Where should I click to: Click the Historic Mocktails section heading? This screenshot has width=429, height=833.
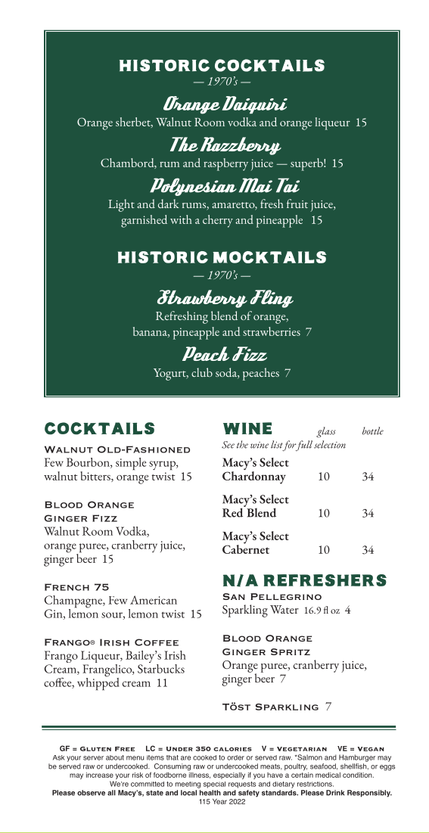[222, 258]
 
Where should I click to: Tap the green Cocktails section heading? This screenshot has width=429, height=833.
[100, 429]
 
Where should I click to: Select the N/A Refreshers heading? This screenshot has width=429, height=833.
[304, 581]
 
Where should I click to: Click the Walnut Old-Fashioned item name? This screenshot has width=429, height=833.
[117, 449]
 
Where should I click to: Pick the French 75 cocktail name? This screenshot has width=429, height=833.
[77, 587]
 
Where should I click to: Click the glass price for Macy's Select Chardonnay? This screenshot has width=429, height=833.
[324, 477]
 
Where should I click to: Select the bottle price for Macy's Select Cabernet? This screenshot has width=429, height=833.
[368, 551]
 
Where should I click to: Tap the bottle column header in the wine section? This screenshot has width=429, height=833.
[372, 431]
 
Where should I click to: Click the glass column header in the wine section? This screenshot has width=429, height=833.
[327, 431]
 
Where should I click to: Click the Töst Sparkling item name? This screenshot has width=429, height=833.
[270, 707]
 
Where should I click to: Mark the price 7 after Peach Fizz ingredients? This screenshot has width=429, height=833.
[288, 373]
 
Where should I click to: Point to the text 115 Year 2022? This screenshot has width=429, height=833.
[222, 801]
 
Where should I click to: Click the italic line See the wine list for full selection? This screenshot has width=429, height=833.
[284, 445]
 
